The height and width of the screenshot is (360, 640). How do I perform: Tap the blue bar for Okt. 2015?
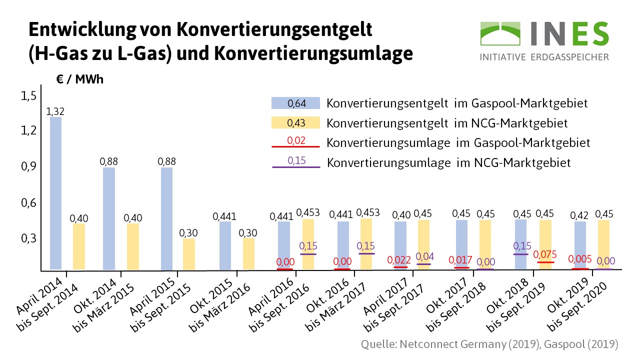[225, 245]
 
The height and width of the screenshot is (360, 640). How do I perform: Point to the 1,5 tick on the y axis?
[28, 95]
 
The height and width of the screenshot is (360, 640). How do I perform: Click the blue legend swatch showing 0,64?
[295, 103]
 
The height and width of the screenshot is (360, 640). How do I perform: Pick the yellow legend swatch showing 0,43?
[295, 122]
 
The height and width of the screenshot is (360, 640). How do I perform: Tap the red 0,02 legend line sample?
[295, 146]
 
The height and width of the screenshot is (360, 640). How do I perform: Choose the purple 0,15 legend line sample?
[295, 166]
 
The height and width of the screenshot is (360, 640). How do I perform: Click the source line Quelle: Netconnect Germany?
[489, 344]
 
